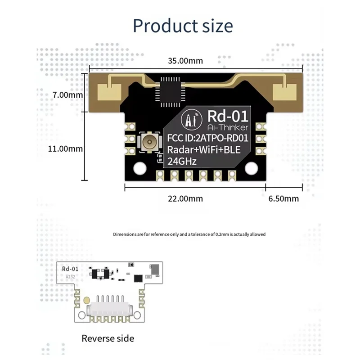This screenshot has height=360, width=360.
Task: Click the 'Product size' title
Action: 183,25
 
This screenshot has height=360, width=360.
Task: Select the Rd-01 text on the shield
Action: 228,117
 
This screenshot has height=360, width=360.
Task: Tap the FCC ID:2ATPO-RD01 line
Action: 207,138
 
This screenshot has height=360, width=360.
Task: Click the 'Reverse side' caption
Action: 108,338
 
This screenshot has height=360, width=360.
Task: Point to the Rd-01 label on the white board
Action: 71,269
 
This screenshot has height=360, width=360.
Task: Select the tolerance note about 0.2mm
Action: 189,234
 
